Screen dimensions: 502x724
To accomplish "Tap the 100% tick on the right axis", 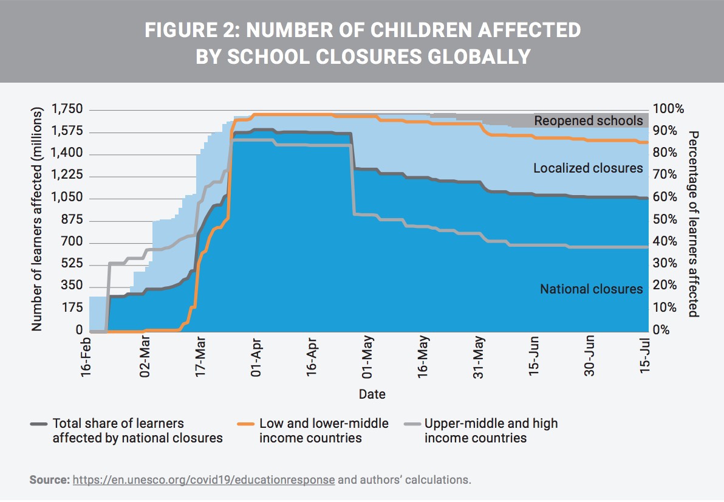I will point(668,109).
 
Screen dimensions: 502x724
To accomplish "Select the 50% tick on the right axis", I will point(665,219).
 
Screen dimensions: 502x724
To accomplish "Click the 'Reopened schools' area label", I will point(588,121).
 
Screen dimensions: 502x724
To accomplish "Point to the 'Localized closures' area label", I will point(588,168).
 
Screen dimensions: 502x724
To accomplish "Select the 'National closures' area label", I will point(591,289).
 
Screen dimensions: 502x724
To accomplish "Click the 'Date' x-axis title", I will point(372,394).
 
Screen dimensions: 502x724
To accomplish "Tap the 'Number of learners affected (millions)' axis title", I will point(38,220).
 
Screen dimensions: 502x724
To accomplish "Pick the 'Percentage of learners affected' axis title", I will point(694,224).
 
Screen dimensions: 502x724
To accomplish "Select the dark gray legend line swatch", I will point(38,424).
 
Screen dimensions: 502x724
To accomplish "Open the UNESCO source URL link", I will point(203,480).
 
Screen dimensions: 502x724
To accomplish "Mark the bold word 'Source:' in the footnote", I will point(49,480).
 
